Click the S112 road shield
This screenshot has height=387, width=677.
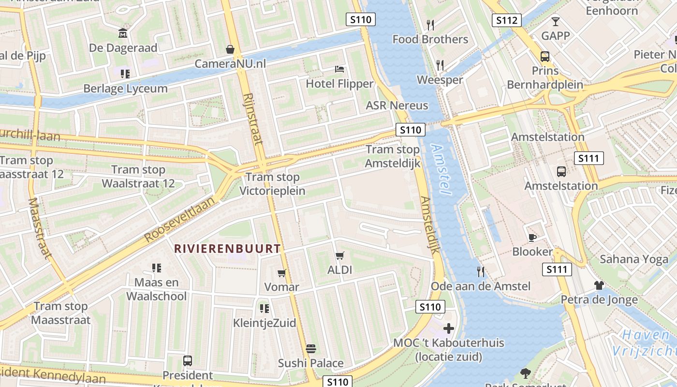(507, 20)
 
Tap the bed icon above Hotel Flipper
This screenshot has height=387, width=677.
(339, 69)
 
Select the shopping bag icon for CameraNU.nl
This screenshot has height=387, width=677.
(230, 49)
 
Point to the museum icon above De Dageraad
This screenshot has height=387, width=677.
(123, 33)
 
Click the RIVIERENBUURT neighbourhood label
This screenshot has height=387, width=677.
(227, 249)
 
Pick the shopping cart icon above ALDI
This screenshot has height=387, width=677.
(340, 255)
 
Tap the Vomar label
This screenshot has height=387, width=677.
(281, 287)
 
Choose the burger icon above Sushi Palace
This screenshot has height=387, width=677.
(310, 348)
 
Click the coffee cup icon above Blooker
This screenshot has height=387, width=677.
(532, 237)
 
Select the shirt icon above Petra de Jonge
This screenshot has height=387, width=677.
(599, 285)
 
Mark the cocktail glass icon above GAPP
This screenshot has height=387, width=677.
(555, 21)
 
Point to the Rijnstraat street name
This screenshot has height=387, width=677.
(253, 119)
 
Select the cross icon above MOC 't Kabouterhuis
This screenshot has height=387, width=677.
(448, 328)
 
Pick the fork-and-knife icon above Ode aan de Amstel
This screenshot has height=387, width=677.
(480, 271)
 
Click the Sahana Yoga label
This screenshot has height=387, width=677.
(633, 259)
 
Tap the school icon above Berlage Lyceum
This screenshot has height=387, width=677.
(125, 74)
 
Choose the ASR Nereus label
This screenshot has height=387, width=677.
(397, 105)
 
